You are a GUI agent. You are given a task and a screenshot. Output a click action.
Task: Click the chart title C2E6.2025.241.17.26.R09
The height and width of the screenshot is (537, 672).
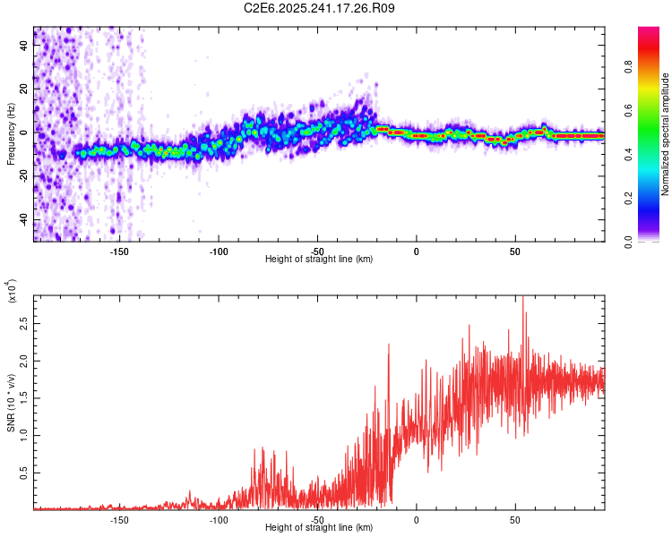(320, 8)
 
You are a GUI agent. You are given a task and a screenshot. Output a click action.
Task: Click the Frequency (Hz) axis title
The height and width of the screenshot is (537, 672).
(11, 134)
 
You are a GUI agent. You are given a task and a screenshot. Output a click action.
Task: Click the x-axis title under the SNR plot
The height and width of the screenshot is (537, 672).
(319, 527)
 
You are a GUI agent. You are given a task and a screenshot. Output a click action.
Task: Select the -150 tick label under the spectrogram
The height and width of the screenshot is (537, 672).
(119, 251)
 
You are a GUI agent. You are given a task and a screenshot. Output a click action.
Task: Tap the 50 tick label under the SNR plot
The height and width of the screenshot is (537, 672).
(515, 519)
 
